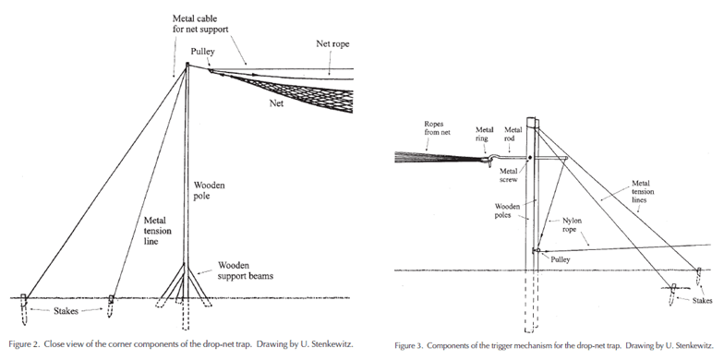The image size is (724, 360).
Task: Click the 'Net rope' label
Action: [332, 44]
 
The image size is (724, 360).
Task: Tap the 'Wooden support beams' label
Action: [246, 271]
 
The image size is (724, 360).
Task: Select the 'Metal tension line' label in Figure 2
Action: [157, 231]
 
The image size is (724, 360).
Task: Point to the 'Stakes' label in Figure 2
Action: [66, 311]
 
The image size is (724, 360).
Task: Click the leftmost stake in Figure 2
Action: [24, 308]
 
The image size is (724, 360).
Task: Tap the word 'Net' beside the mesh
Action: [276, 103]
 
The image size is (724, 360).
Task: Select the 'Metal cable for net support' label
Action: [200, 24]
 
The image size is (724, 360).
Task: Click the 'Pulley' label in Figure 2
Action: [203, 52]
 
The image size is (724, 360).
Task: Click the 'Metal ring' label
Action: [484, 134]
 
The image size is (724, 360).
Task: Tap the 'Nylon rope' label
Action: [572, 225]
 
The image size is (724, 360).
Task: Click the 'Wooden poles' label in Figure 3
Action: [507, 210]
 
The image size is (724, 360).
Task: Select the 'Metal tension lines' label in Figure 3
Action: [643, 192]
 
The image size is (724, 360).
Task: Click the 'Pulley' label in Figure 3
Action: [560, 259]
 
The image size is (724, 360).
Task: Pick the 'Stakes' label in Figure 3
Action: [702, 301]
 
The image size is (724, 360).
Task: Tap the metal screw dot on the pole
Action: [530, 158]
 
